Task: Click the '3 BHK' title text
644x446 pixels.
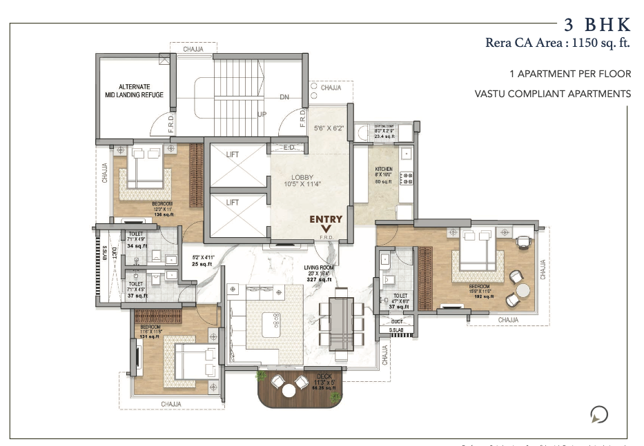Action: pyautogui.click(x=597, y=26)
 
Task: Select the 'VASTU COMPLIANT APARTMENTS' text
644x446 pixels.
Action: pyautogui.click(x=552, y=93)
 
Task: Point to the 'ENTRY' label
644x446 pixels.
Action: pyautogui.click(x=326, y=219)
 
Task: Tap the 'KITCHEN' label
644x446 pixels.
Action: pyautogui.click(x=384, y=169)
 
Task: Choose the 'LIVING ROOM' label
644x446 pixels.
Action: pyautogui.click(x=319, y=267)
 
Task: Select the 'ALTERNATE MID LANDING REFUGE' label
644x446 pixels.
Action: pyautogui.click(x=135, y=91)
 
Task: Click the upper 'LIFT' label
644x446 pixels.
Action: pyautogui.click(x=233, y=154)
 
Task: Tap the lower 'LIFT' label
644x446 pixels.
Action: pyautogui.click(x=233, y=202)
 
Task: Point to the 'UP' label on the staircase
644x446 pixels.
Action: pyautogui.click(x=262, y=114)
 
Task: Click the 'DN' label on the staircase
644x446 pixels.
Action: pyautogui.click(x=284, y=97)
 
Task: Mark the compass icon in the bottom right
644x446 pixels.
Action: pyautogui.click(x=600, y=414)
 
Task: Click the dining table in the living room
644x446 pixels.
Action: pyautogui.click(x=341, y=324)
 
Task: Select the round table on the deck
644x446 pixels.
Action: pyautogui.click(x=289, y=390)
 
